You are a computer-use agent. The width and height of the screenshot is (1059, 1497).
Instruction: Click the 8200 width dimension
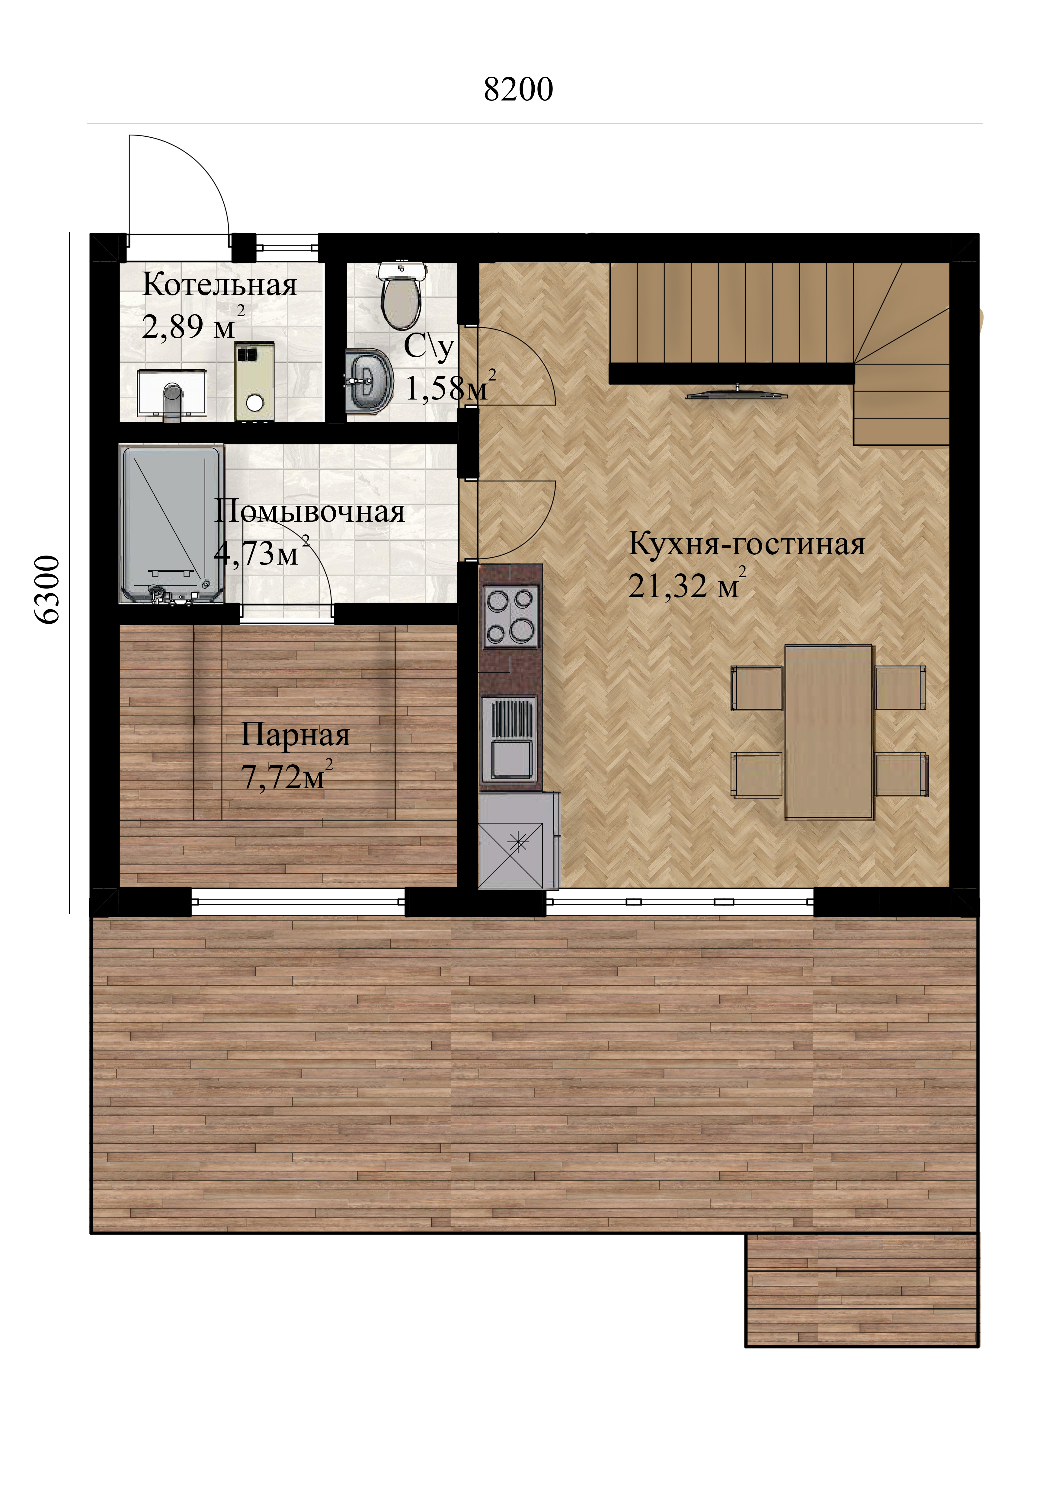pyautogui.click(x=518, y=89)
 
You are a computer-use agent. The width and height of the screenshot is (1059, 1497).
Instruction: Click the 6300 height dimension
pyautogui.click(x=47, y=590)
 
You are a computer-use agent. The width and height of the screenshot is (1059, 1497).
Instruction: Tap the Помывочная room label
pyautogui.click(x=310, y=512)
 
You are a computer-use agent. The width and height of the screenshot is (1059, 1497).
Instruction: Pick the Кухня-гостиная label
pyautogui.click(x=747, y=544)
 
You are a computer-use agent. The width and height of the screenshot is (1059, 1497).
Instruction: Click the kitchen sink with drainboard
pyautogui.click(x=509, y=739)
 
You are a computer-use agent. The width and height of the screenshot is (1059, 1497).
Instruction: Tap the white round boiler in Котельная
pyautogui.click(x=254, y=402)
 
